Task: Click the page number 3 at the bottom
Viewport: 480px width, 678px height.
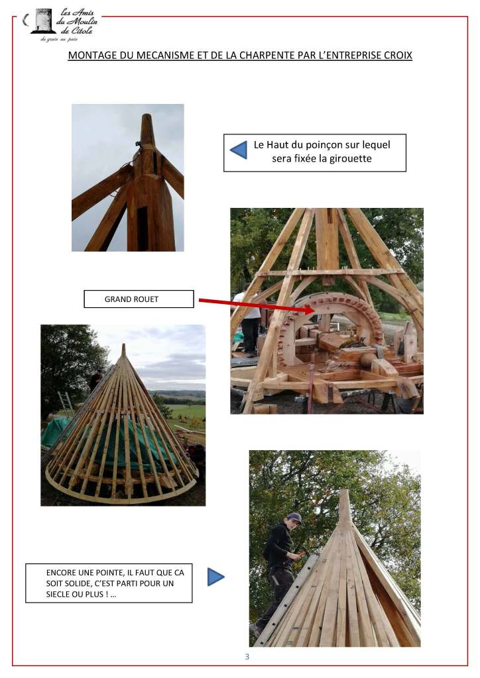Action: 247,656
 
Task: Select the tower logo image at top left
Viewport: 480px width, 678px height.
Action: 43,21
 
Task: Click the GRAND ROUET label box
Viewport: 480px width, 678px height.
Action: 139,299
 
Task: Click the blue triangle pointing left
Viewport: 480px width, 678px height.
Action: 239,150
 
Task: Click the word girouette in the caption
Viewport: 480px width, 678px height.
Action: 351,159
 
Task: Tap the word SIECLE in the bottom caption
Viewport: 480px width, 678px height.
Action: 58,594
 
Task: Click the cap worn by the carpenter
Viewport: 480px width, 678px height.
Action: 294,517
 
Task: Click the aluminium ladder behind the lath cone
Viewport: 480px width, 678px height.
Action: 66,405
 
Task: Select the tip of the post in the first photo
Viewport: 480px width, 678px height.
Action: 147,115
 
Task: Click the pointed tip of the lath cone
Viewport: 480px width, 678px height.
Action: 124,344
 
